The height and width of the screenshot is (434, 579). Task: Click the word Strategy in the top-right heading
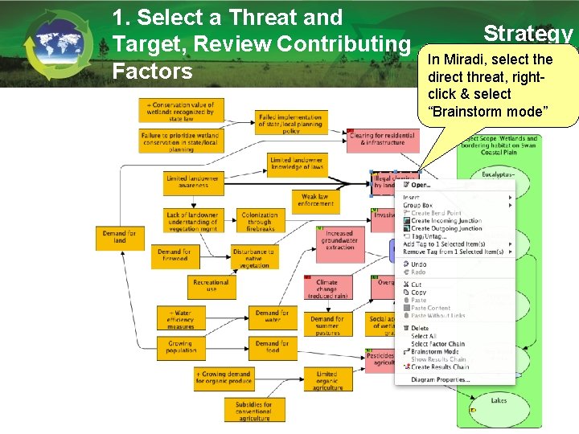click(x=528, y=33)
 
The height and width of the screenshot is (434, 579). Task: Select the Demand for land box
click(x=119, y=236)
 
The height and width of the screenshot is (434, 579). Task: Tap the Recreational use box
click(x=211, y=286)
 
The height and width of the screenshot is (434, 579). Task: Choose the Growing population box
click(x=181, y=347)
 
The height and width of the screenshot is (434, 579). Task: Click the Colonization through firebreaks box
click(x=260, y=221)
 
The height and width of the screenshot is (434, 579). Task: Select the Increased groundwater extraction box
click(x=339, y=240)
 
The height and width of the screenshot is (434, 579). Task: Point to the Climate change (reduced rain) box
click(x=327, y=287)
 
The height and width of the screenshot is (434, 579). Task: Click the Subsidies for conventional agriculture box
click(x=253, y=411)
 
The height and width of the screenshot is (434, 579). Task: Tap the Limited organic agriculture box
click(x=326, y=380)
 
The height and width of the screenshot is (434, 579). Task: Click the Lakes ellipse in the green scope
click(x=499, y=400)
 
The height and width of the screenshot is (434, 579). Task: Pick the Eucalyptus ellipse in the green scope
click(x=498, y=174)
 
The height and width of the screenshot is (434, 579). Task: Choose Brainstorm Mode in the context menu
click(x=435, y=352)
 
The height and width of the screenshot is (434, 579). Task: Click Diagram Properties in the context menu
click(x=441, y=379)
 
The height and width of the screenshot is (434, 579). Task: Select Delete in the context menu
click(x=420, y=328)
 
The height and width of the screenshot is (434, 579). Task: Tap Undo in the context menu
click(x=419, y=264)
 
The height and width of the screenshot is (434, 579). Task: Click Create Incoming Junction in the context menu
click(x=446, y=220)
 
